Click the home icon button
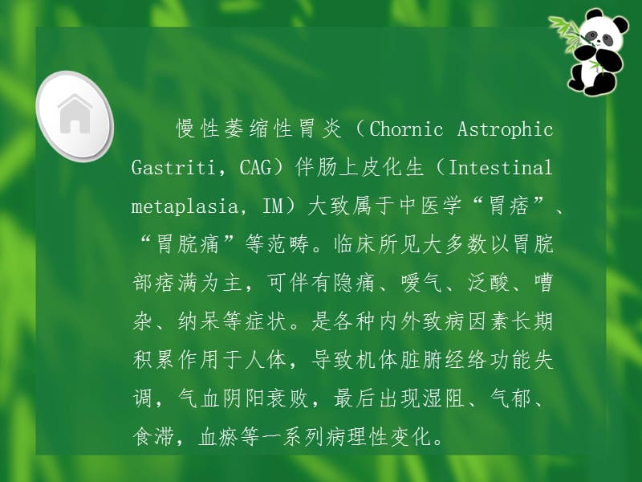coord(75,112)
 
